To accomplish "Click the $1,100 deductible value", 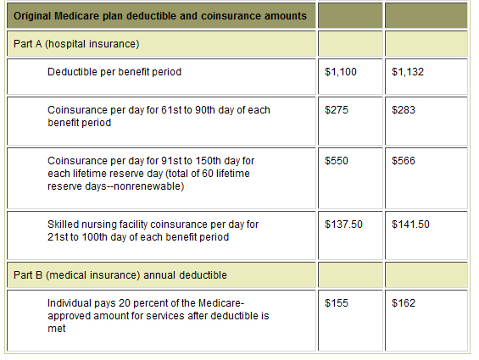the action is (x=341, y=72).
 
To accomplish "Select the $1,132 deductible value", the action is (x=408, y=72).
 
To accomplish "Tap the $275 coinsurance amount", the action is (x=337, y=109).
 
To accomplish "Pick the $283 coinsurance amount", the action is (x=404, y=109).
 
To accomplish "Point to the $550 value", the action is (x=337, y=161).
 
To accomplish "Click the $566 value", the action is (x=404, y=161).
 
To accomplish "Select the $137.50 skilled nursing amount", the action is (x=343, y=224).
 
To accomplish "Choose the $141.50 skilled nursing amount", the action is (x=411, y=224).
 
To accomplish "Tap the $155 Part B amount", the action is (x=337, y=303).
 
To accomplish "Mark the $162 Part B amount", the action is (x=404, y=303).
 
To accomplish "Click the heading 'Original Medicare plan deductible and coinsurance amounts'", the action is (x=160, y=16).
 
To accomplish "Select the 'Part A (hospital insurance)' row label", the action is (x=76, y=44).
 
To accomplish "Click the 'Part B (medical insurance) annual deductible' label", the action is (x=120, y=275).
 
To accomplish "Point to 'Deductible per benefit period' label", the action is (x=114, y=72).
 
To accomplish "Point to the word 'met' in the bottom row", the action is (x=57, y=329).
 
